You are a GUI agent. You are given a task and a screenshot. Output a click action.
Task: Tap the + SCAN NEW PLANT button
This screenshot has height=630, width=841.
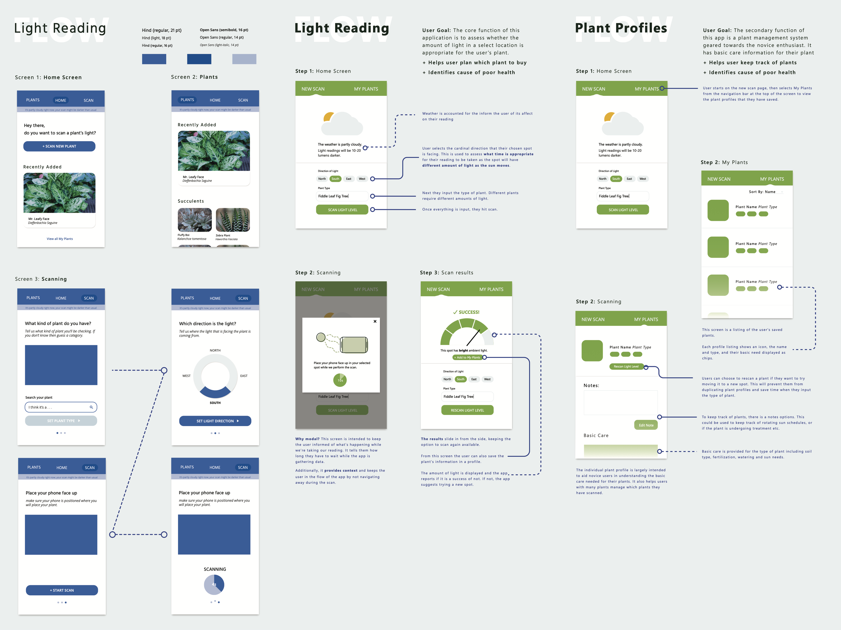click(x=59, y=146)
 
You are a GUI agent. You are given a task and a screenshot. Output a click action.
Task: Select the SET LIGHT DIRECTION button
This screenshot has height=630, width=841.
click(x=215, y=421)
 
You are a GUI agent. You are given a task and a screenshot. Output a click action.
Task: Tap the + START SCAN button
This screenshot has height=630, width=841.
click(x=62, y=590)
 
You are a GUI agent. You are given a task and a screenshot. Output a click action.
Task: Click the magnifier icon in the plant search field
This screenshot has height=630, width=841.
click(x=91, y=407)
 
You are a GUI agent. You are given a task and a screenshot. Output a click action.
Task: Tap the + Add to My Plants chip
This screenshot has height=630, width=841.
click(x=467, y=357)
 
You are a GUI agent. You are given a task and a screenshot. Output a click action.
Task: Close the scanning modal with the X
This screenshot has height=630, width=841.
click(x=375, y=321)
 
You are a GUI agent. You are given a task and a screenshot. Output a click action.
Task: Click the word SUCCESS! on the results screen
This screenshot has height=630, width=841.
click(x=468, y=312)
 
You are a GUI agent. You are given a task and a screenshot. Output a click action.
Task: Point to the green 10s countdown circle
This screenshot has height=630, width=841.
click(x=340, y=380)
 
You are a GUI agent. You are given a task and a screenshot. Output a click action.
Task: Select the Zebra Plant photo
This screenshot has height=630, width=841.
click(x=233, y=220)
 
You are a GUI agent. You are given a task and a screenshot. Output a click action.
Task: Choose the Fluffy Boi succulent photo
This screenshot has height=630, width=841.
click(x=195, y=220)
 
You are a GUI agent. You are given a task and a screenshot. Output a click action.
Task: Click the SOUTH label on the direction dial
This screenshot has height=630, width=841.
click(x=215, y=403)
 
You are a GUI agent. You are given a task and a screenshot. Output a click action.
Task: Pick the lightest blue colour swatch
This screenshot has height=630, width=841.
click(x=244, y=59)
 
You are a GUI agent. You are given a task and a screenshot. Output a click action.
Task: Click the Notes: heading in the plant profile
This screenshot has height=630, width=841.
click(x=591, y=386)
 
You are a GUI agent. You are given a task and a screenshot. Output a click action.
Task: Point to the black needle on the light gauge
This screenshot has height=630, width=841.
click(x=473, y=338)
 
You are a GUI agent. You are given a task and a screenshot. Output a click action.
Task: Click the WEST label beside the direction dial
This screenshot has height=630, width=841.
click(x=186, y=376)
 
